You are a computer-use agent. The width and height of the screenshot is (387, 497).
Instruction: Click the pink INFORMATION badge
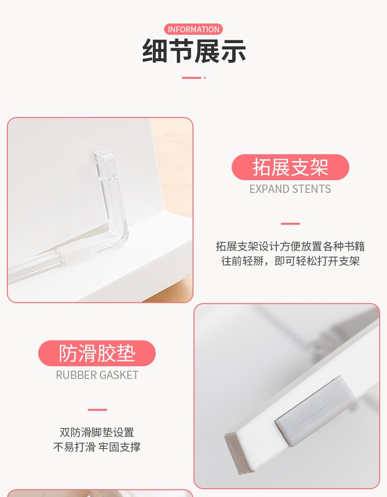(193, 29)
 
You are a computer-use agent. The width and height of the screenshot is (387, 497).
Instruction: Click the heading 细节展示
(194, 51)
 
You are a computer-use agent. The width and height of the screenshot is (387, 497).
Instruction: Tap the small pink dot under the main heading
(205, 78)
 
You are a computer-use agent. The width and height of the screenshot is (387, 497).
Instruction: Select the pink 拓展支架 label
(290, 167)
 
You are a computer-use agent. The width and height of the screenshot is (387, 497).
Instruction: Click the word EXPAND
(269, 189)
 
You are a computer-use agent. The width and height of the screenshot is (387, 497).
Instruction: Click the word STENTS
(312, 189)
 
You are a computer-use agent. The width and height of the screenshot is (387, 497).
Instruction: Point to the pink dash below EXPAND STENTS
(290, 223)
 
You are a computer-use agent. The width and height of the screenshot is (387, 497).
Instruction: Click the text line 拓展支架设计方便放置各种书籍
(290, 246)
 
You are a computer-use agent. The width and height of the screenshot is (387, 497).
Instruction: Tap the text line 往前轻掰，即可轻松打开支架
(290, 261)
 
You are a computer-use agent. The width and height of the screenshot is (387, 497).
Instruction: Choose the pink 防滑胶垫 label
(97, 353)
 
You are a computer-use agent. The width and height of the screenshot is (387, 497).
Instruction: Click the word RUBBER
(74, 375)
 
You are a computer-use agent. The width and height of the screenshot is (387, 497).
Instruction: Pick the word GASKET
(118, 375)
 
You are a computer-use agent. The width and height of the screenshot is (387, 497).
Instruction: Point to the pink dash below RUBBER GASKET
(97, 409)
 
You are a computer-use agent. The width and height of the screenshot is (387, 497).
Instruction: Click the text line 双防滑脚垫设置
(97, 432)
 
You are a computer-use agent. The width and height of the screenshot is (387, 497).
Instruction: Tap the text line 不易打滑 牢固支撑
(97, 447)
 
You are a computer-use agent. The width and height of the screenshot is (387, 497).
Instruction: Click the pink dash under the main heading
(191, 78)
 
